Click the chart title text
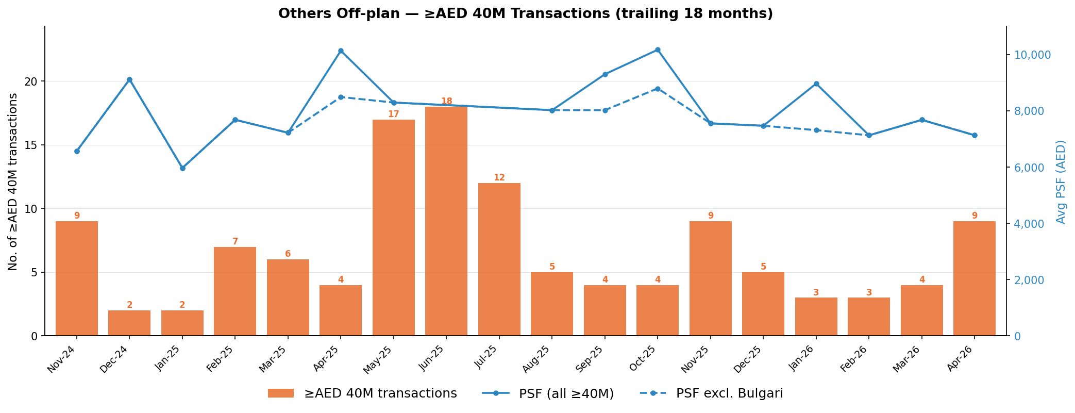coord(526,13)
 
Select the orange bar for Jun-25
coord(446,221)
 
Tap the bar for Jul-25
coord(499,259)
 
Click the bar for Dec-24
coord(129,323)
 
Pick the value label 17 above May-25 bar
coord(394,114)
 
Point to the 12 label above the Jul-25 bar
coord(499,177)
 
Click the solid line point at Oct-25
coord(658,50)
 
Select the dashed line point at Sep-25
coord(605,110)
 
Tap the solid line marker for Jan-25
coord(182,168)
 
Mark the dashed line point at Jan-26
coord(816,130)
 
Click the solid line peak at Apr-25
coord(341,51)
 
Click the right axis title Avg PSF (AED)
coord(1061,181)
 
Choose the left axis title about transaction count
coord(13,181)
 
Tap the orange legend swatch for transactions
coord(281,393)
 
